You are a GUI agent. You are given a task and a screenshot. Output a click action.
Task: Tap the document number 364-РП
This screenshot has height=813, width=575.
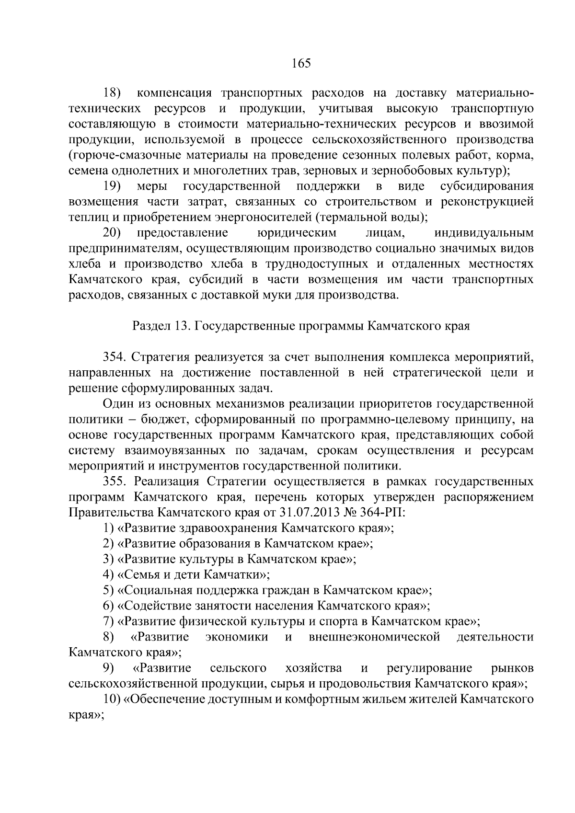click(x=387, y=513)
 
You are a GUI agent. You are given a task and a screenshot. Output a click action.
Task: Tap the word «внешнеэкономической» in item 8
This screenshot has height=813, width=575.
click(x=375, y=637)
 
